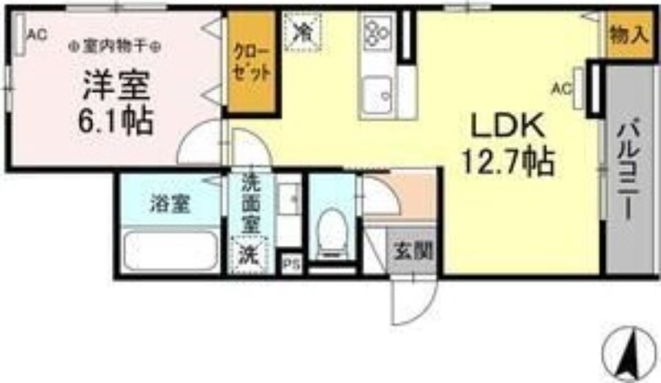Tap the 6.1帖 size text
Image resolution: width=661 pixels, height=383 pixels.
(116, 122)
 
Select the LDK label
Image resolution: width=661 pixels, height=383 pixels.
(506, 126)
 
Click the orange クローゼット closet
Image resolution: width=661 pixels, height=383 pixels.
(251, 63)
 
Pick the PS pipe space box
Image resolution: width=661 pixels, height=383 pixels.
(290, 264)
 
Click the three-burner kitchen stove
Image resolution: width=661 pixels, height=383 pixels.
(377, 33)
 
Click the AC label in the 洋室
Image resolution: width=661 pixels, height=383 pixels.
(36, 34)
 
